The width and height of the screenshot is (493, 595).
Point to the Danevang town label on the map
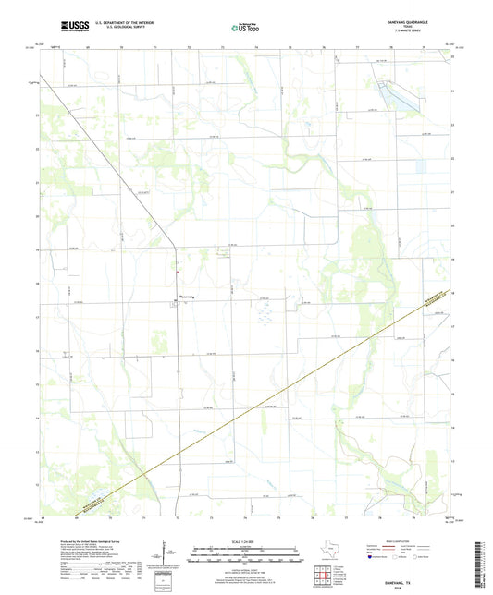(187, 297)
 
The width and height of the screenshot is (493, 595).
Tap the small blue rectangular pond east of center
(425, 166)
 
